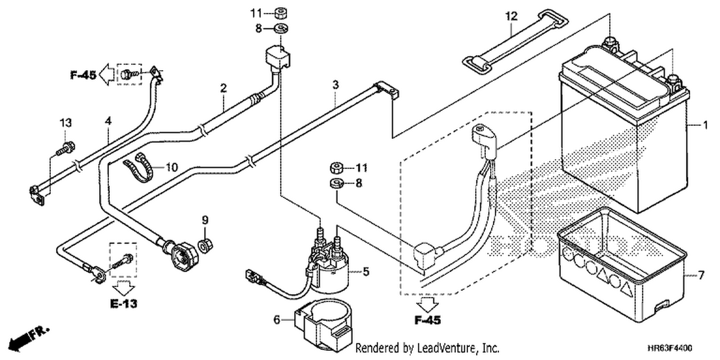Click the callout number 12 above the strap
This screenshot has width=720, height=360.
[512, 16]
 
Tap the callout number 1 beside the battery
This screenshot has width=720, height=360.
[705, 125]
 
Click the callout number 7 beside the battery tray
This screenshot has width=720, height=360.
[701, 275]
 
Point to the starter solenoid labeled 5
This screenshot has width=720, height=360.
[328, 264]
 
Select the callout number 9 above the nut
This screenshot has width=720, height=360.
[205, 220]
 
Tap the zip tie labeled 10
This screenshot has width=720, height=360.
[139, 167]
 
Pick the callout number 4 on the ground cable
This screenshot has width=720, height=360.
[108, 121]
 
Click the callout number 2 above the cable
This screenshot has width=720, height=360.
[224, 88]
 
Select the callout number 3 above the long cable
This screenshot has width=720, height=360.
[336, 85]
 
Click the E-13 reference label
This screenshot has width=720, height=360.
[124, 303]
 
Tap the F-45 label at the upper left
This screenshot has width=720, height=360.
[83, 75]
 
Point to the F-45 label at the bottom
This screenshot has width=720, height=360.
[428, 320]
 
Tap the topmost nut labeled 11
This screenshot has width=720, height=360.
[280, 13]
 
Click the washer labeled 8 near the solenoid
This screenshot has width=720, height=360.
[336, 183]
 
